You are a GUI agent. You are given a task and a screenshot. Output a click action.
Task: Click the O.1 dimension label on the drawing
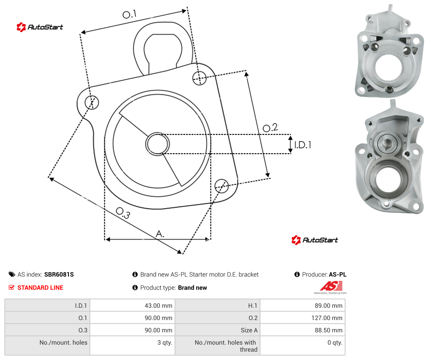click(129, 14)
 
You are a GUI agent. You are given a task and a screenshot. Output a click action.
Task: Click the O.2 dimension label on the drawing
click(270, 127)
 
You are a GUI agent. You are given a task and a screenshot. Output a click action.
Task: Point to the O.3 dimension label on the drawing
click(123, 213)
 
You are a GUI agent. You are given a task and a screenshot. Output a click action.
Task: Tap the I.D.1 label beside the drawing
click(303, 144)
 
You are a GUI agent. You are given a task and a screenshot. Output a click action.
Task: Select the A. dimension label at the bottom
click(160, 234)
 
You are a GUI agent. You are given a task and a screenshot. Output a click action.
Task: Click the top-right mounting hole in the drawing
click(200, 78)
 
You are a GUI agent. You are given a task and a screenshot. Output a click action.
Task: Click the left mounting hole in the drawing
click(92, 102)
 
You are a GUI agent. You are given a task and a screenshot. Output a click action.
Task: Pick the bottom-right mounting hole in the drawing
click(221, 186)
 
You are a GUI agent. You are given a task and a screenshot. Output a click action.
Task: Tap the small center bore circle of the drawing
click(157, 144)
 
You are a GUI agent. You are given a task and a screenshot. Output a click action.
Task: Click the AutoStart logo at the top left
click(40, 27)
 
